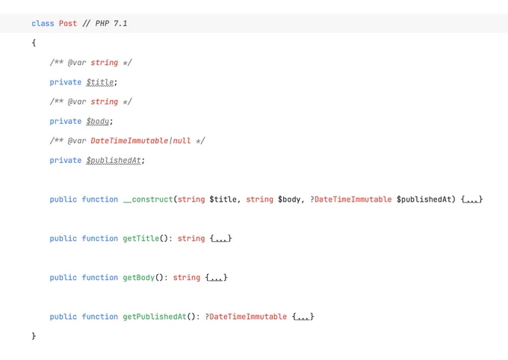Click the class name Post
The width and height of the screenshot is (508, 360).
(x=68, y=23)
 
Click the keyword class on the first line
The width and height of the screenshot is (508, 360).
(x=43, y=23)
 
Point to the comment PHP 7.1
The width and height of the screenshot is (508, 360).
(x=105, y=23)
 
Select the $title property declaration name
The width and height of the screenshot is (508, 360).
(x=100, y=82)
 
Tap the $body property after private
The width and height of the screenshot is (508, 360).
(x=98, y=122)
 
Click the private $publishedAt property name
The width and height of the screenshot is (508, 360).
(x=114, y=161)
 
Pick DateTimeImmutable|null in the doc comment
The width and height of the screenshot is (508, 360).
(x=140, y=140)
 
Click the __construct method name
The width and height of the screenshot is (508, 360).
(x=148, y=199)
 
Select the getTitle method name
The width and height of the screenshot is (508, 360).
(x=141, y=238)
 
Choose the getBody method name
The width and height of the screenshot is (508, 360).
(x=139, y=278)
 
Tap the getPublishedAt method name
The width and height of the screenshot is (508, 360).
(x=155, y=317)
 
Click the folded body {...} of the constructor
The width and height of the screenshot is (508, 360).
(x=471, y=199)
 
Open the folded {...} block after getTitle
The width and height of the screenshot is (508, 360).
(x=221, y=238)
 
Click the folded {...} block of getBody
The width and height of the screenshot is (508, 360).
(x=217, y=278)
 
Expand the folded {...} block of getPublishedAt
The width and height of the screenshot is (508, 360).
(x=303, y=317)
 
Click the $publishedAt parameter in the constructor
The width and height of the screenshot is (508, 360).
(x=424, y=199)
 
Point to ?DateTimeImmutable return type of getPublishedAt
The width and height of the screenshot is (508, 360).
(x=246, y=317)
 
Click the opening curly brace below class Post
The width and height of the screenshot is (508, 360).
(x=34, y=43)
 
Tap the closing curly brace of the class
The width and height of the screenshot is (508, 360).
(x=34, y=336)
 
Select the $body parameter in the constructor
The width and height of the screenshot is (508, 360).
(x=289, y=199)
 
